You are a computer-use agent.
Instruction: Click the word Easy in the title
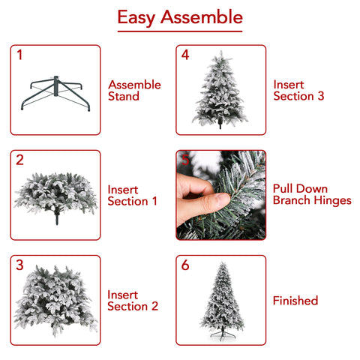136,17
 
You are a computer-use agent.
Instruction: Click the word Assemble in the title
202,17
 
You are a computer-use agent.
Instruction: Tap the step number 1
19,55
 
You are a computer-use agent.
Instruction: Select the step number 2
19,160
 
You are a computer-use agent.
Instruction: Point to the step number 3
19,265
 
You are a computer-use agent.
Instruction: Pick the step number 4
185,55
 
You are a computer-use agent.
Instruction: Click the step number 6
185,265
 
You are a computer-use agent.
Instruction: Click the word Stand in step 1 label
124,96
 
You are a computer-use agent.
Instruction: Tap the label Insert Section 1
132,196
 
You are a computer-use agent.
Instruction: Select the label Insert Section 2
133,301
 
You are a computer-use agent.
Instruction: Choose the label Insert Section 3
298,90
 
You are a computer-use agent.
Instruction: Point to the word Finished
295,301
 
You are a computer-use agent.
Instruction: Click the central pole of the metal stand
55,86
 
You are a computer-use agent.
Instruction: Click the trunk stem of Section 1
57,217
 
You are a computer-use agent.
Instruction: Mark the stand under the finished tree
223,334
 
